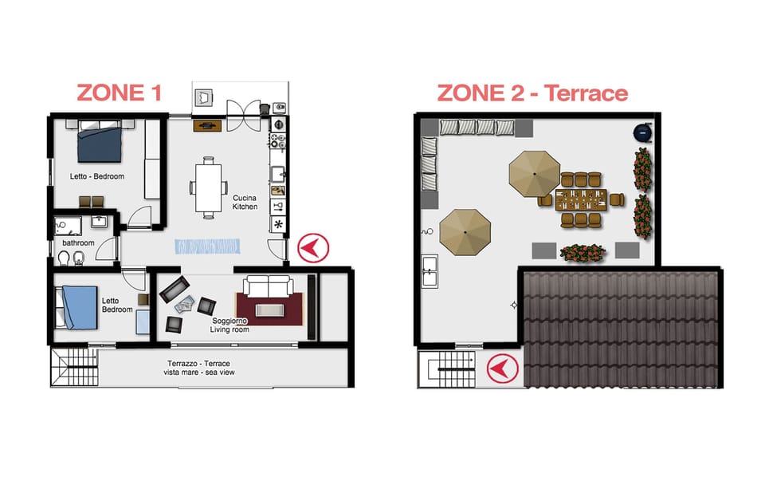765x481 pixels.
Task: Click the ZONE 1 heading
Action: (119, 93)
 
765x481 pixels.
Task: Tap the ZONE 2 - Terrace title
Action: (532, 93)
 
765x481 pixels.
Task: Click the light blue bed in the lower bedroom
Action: (78, 307)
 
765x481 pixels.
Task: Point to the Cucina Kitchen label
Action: (245, 202)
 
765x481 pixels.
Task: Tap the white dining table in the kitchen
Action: (207, 187)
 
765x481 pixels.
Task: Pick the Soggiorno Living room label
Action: (229, 325)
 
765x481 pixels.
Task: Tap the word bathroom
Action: (79, 243)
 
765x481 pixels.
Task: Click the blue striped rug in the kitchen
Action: (207, 246)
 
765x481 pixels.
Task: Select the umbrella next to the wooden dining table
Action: (535, 173)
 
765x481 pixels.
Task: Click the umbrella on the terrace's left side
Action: (465, 232)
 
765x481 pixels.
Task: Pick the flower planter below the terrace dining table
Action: (583, 253)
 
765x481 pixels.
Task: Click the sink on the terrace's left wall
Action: (430, 272)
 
